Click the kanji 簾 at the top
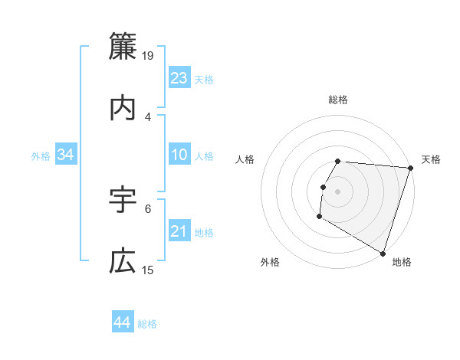(123, 45)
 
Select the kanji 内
(123, 108)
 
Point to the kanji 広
(123, 262)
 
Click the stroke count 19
(149, 56)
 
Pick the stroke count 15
(149, 270)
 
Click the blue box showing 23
(179, 78)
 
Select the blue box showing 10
(179, 155)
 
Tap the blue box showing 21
(179, 231)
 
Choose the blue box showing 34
(66, 155)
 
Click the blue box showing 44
(122, 322)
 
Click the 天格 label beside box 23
(204, 80)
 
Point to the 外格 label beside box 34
(41, 156)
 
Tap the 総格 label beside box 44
(147, 324)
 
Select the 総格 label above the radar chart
(338, 100)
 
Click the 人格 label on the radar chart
(246, 159)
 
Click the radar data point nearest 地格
(383, 253)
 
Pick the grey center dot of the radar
(338, 191)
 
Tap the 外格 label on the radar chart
(269, 262)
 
